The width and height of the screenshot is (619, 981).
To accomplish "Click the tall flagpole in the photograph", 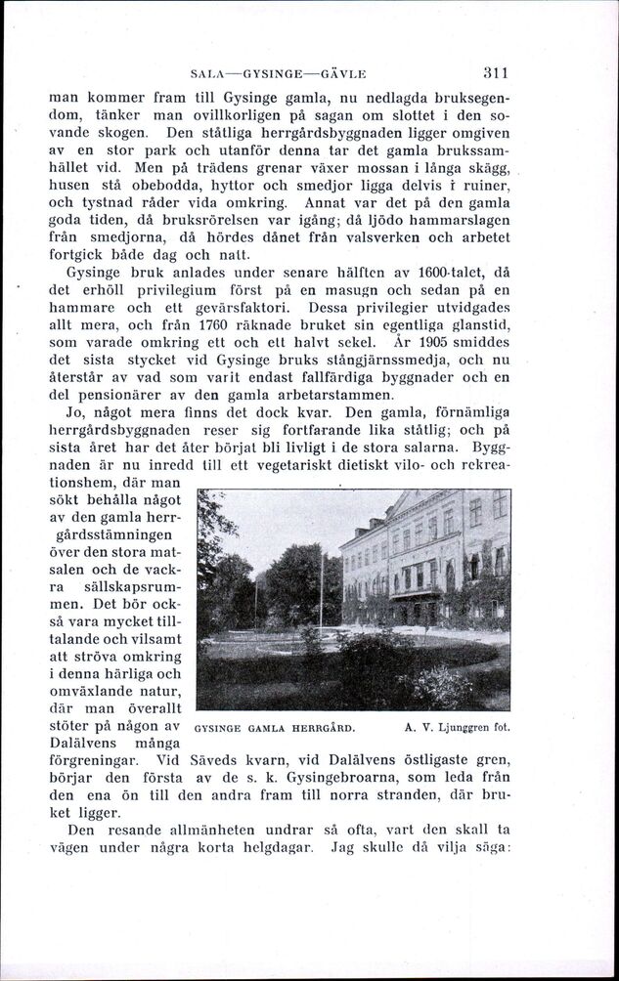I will pyautogui.click(x=320, y=586).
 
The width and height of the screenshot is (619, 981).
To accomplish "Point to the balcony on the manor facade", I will pyautogui.click(x=416, y=589).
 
